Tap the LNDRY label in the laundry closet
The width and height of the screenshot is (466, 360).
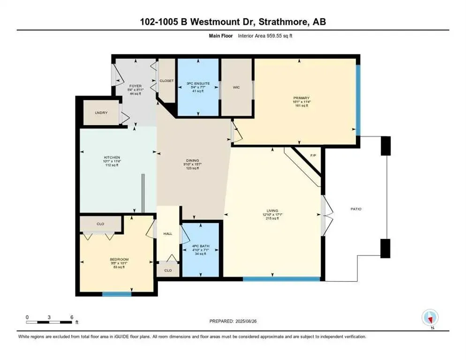click(x=101, y=112)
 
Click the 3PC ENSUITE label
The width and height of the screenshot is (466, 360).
click(x=198, y=83)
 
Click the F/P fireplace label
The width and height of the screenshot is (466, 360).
click(x=313, y=155)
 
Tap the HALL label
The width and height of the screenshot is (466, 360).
click(x=167, y=232)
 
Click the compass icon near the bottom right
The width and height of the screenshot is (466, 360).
click(x=430, y=318)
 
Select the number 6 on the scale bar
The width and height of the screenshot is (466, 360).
click(x=72, y=317)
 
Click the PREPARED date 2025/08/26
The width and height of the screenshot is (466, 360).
click(x=233, y=321)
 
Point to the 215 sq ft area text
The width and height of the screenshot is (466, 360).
click(x=272, y=218)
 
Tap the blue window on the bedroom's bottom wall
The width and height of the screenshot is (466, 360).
click(x=117, y=294)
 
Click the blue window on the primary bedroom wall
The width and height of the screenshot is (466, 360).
click(x=358, y=99)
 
